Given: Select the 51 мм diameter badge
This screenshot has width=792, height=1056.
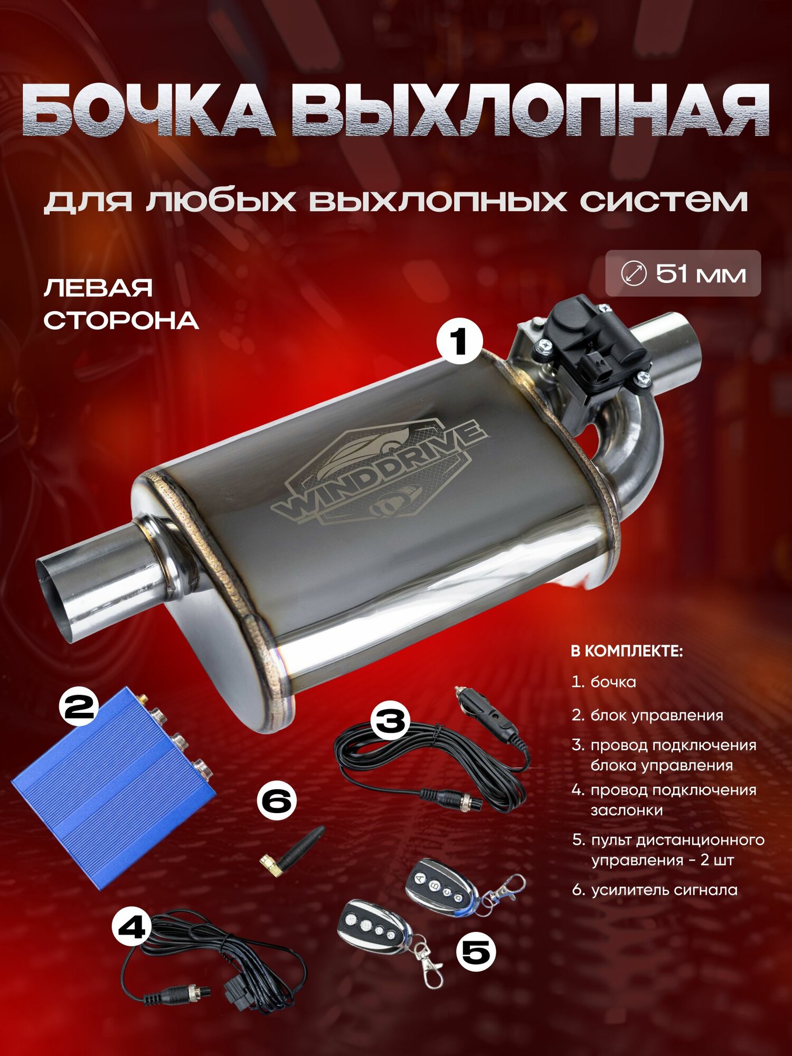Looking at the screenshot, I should [x=683, y=274].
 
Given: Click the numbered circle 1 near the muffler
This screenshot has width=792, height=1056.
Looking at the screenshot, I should [x=459, y=341].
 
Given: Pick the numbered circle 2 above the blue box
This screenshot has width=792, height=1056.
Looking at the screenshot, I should [x=79, y=706].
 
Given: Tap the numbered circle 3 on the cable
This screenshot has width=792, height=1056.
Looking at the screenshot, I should [x=390, y=720].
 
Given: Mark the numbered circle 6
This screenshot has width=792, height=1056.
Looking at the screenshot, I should [x=277, y=800].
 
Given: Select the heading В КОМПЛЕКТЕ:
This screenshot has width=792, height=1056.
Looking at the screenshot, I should [x=627, y=651].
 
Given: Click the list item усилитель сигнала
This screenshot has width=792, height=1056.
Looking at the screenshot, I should [x=664, y=890].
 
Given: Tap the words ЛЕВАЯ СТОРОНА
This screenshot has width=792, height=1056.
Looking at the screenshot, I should [x=120, y=305].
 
